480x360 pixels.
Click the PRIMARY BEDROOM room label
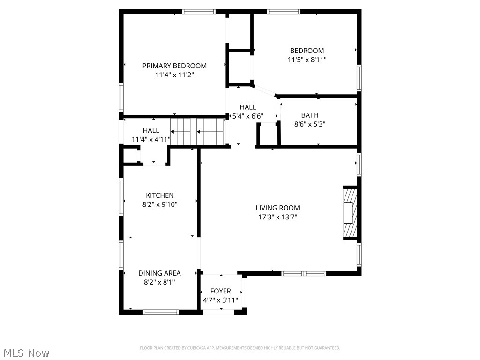click(x=174, y=66)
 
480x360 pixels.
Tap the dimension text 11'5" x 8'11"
click(x=307, y=60)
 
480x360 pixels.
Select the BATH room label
click(x=309, y=115)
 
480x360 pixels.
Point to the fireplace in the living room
click(x=349, y=213)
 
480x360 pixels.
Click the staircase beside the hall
click(x=196, y=131)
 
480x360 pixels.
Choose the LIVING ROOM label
click(x=277, y=208)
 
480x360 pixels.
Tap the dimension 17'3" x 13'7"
click(x=277, y=217)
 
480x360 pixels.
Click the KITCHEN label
click(x=160, y=195)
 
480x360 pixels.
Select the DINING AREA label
click(x=159, y=273)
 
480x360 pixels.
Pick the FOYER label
click(x=220, y=291)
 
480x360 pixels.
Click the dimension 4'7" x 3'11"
click(x=220, y=300)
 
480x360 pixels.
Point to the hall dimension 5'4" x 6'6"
click(x=248, y=116)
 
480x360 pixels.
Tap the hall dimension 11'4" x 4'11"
click(x=151, y=139)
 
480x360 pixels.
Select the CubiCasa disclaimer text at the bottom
click(x=240, y=348)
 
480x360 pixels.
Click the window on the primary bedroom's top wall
click(x=199, y=12)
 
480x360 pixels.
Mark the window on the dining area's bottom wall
click(x=161, y=312)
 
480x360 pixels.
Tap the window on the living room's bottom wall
click(x=304, y=273)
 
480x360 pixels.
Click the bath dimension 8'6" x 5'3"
click(x=309, y=124)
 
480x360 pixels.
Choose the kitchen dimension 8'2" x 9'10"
click(x=160, y=204)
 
